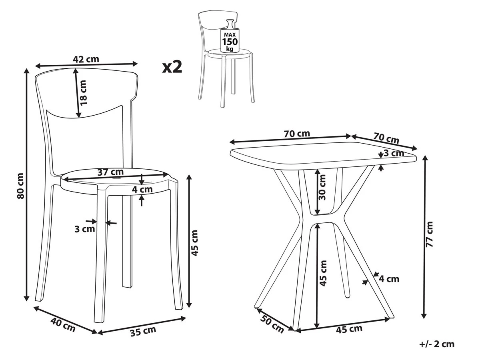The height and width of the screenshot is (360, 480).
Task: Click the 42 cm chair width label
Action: [x=86, y=59]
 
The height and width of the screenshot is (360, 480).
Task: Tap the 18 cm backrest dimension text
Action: [x=83, y=92]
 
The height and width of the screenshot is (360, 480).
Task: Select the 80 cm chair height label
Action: [x=20, y=186]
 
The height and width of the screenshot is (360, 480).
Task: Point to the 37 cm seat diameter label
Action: [x=110, y=172]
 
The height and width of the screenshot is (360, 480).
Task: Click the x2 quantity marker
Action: [x=172, y=67]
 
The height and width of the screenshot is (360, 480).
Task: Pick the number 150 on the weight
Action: [x=230, y=42]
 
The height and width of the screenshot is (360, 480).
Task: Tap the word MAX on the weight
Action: [x=230, y=34]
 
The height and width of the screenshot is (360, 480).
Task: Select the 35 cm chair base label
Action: [x=143, y=331]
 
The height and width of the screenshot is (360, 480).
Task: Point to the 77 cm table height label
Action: [x=429, y=234]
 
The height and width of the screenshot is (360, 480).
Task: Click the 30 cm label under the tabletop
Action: [x=322, y=187]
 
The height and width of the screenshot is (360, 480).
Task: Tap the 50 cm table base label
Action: [x=272, y=324]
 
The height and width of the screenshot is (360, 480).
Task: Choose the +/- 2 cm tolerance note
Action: [x=437, y=344]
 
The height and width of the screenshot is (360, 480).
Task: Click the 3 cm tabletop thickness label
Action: [x=394, y=153]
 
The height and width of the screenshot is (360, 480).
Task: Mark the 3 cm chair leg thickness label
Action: [x=85, y=229]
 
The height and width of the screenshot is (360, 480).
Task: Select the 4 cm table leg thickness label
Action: [x=389, y=279]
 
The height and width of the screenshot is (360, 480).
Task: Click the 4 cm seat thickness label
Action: [x=142, y=189]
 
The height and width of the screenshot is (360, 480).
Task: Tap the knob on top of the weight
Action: [x=230, y=23]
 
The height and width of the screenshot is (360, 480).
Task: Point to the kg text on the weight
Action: [x=230, y=49]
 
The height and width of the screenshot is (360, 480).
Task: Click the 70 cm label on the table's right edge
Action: [x=386, y=138]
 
